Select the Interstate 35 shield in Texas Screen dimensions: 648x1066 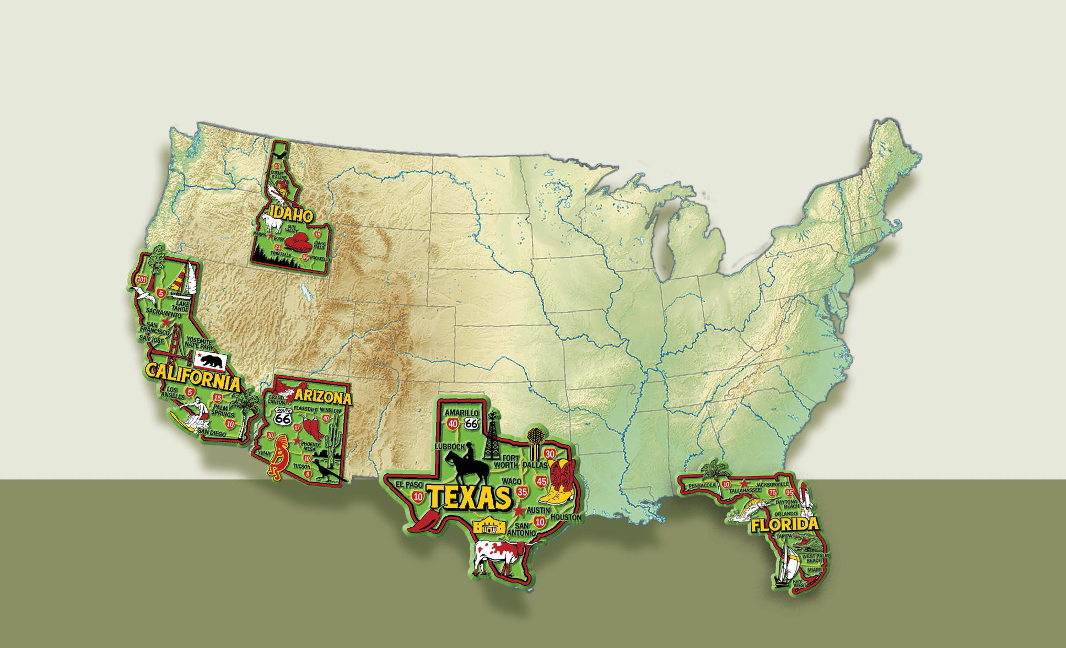[x=522, y=492]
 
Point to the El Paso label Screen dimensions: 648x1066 [x=409, y=484]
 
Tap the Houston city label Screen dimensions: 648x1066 [x=566, y=517]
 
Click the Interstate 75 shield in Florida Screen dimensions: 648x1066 [x=773, y=492]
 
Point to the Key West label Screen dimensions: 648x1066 [x=799, y=583]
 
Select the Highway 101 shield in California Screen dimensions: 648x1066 [x=142, y=279]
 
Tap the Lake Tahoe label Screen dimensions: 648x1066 [x=181, y=306]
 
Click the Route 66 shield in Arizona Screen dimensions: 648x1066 [x=283, y=417]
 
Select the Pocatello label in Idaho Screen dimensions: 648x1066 [x=320, y=258]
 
